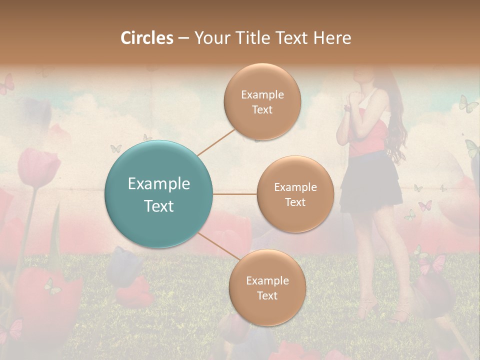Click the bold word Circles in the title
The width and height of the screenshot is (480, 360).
(146, 37)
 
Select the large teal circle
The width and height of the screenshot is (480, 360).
(159, 194)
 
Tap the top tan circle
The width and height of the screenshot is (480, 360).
(262, 101)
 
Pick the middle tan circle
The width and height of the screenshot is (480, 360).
(295, 194)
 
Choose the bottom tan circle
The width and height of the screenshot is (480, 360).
(267, 287)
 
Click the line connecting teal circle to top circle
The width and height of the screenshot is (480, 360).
(216, 141)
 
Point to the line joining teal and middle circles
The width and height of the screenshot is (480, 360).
(235, 194)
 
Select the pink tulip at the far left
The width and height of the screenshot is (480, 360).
(37, 167)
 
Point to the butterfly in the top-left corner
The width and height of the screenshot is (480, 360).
(6, 85)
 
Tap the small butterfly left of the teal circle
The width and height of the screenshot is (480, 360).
(115, 148)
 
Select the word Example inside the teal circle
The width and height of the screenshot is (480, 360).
(159, 184)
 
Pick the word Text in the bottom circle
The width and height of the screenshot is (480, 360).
(267, 295)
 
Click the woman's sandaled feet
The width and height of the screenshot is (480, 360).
(385, 310)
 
